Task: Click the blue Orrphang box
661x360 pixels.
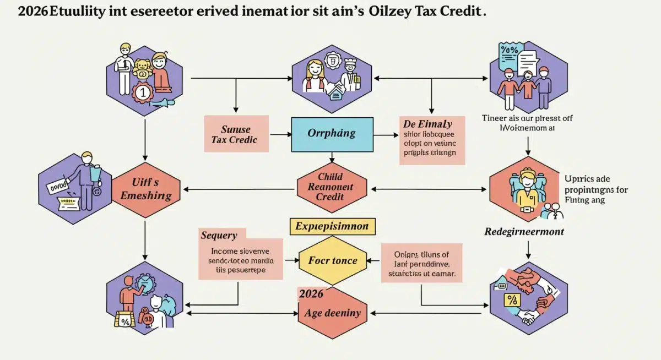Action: tap(331, 133)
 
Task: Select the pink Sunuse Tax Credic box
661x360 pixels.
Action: tap(236, 134)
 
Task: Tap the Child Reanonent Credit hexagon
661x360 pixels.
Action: tap(331, 187)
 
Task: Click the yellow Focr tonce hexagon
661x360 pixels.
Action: tap(332, 260)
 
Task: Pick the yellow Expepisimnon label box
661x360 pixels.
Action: tap(332, 226)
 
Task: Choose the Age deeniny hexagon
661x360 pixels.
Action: tap(332, 313)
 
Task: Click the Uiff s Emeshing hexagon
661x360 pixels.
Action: tap(147, 188)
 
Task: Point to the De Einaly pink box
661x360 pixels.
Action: tap(432, 140)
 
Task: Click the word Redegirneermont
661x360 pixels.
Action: tap(524, 232)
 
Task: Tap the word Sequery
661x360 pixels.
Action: tap(219, 236)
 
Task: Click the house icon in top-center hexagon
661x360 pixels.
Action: tap(335, 94)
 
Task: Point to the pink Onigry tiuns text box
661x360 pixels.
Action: tap(421, 263)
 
